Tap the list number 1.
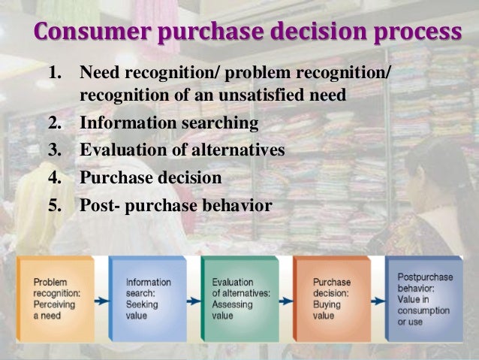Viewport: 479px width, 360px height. (x=54, y=74)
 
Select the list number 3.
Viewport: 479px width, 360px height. (x=54, y=150)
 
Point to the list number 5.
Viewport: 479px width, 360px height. (x=54, y=204)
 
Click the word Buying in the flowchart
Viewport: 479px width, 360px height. (x=326, y=305)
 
